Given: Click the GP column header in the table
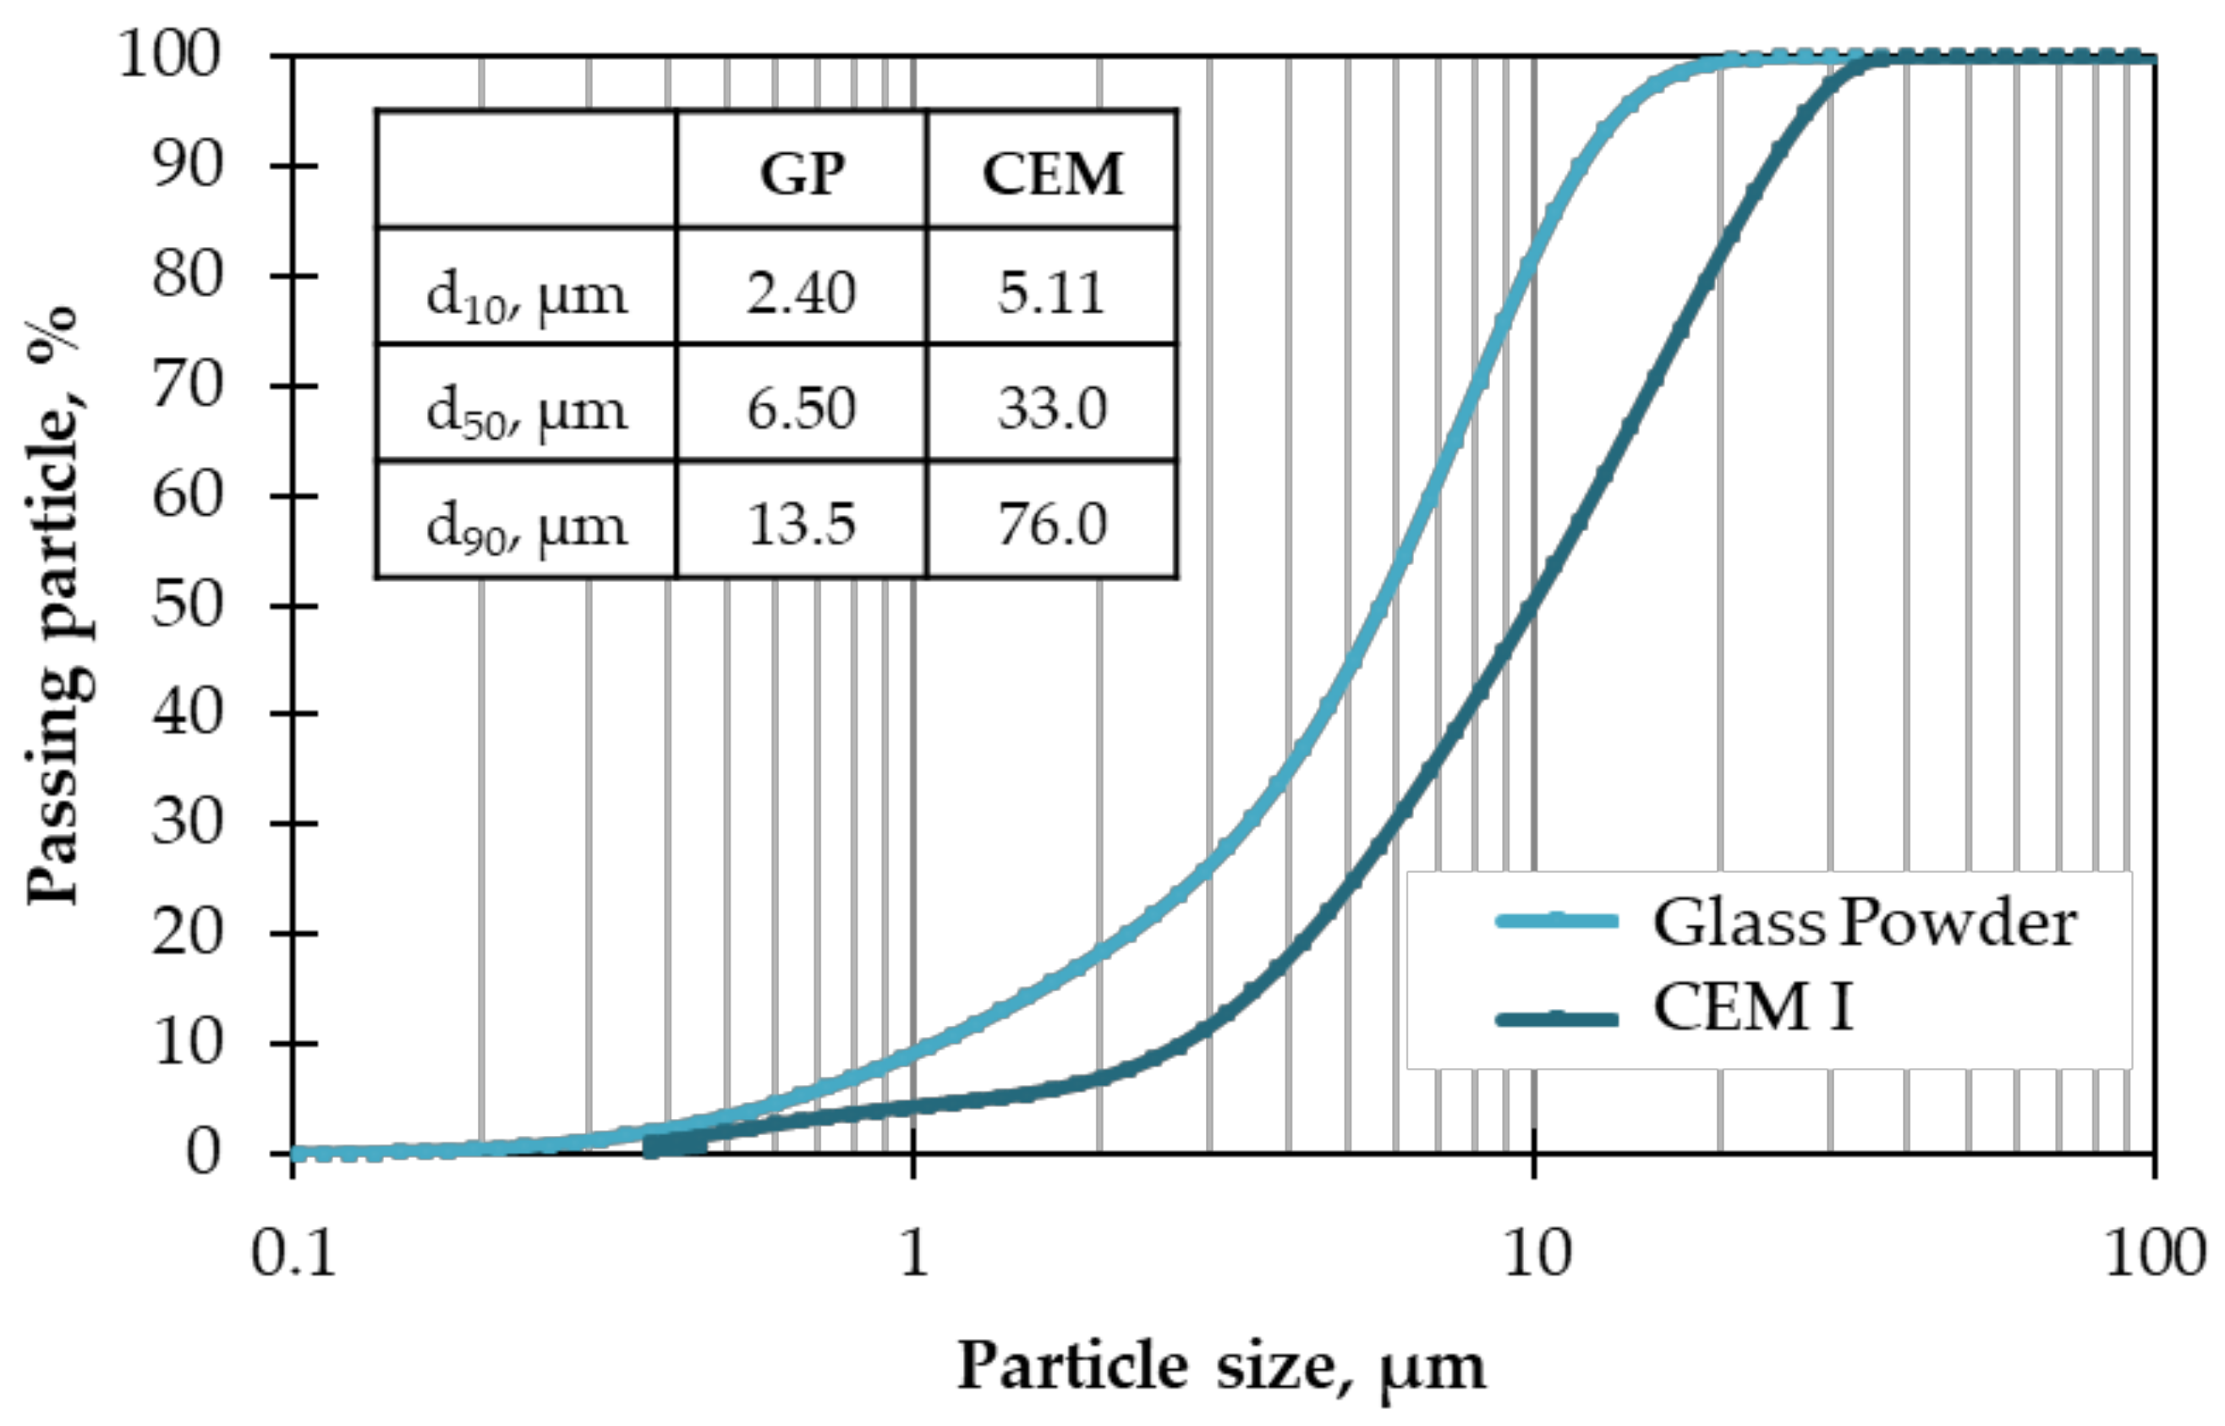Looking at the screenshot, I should [802, 173].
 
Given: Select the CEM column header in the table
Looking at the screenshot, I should [1052, 173].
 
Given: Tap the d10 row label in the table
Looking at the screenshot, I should [526, 294].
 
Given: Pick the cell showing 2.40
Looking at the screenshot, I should [802, 293].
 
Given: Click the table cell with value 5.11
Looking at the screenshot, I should [1052, 293].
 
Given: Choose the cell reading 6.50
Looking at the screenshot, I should [802, 409].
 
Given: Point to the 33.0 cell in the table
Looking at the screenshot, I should [1052, 409].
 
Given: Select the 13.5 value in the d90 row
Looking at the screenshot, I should [802, 524].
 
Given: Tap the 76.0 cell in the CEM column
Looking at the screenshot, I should [1052, 524].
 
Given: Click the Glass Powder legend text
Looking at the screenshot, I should [1864, 924].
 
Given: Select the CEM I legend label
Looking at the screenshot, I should [1753, 1006].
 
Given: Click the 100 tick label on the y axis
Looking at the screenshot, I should [168, 56].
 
